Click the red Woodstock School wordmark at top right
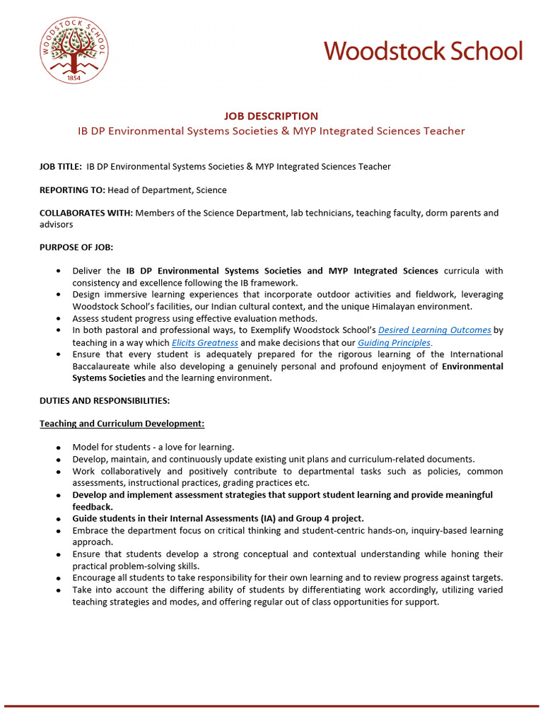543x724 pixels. [424, 51]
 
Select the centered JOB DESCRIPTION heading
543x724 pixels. [271, 116]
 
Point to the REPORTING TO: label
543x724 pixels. [72, 189]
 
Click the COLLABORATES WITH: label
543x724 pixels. [86, 213]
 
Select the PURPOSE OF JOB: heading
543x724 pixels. [76, 247]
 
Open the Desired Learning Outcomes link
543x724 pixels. [435, 330]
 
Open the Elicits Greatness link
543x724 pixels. [204, 342]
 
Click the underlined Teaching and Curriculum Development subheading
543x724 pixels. [122, 424]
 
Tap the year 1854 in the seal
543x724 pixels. [74, 77]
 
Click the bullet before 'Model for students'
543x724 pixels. [58, 448]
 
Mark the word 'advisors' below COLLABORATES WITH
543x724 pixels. [56, 224]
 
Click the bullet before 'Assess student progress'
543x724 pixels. [58, 319]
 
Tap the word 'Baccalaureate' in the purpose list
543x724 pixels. [105, 366]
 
